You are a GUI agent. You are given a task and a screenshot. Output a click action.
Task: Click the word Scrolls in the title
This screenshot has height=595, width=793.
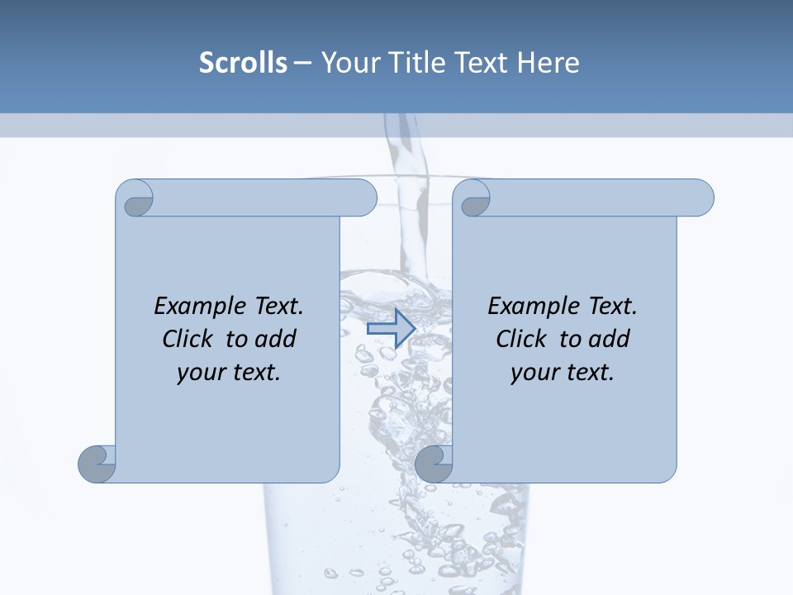pos(243,62)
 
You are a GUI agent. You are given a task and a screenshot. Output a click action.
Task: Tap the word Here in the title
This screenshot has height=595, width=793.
pos(548,62)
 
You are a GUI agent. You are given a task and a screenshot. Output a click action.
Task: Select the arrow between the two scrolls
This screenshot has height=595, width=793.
pos(391,328)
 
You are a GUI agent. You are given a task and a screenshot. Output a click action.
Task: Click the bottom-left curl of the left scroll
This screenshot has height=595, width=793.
pos(97,463)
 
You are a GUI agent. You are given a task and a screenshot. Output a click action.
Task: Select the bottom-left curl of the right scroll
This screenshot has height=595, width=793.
pos(434,463)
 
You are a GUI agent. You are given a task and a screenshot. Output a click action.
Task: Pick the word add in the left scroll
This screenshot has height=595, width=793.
pos(275,339)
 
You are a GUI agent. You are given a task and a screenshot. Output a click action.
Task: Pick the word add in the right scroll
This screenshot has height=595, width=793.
pos(609,339)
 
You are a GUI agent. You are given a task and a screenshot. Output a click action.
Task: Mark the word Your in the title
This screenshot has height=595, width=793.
pos(348,62)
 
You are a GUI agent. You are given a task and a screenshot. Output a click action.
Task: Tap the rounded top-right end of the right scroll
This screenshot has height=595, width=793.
pos(701,198)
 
